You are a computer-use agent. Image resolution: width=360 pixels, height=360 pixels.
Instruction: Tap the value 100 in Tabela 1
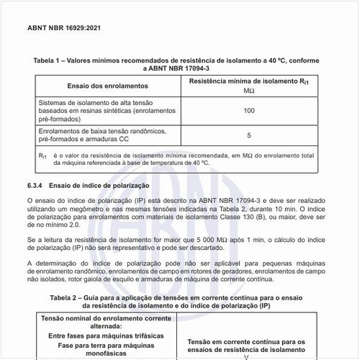(x=249, y=111)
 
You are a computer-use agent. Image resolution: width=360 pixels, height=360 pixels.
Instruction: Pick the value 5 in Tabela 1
(x=249, y=135)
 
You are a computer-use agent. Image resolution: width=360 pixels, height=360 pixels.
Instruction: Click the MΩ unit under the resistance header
(x=249, y=91)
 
